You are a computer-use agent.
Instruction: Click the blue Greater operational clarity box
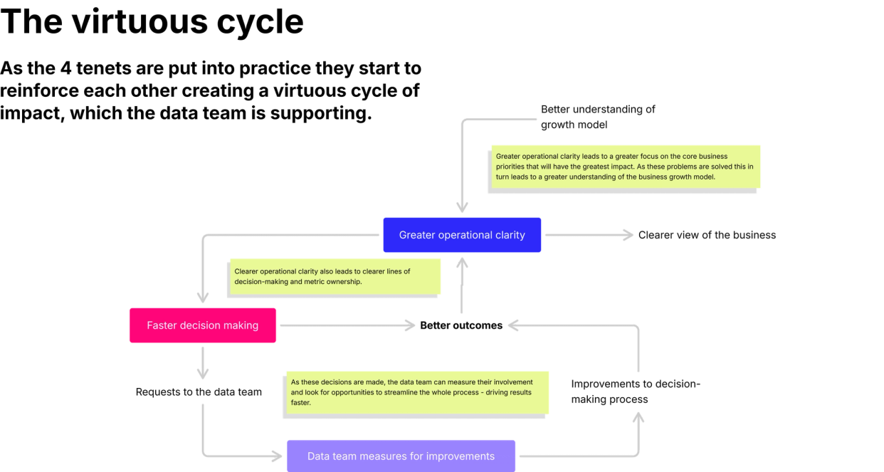coord(462,235)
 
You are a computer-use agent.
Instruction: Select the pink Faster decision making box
coord(203,325)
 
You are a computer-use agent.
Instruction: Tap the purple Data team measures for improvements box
coord(401,456)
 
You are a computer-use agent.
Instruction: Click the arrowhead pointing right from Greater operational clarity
coord(626,235)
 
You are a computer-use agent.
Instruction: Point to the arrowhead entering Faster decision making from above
coord(204,296)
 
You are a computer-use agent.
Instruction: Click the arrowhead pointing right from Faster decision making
coord(409,325)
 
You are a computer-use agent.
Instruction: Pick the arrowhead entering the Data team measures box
coord(275,456)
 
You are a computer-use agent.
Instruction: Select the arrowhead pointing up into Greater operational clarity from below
coord(462,263)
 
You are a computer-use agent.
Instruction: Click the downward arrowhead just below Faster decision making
coord(203,372)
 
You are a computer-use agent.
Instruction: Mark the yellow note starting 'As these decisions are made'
coord(416,392)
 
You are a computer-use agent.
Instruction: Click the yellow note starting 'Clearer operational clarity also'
coord(335,276)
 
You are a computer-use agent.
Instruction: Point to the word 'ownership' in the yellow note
coord(345,281)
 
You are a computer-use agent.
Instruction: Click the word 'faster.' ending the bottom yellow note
coord(300,402)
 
